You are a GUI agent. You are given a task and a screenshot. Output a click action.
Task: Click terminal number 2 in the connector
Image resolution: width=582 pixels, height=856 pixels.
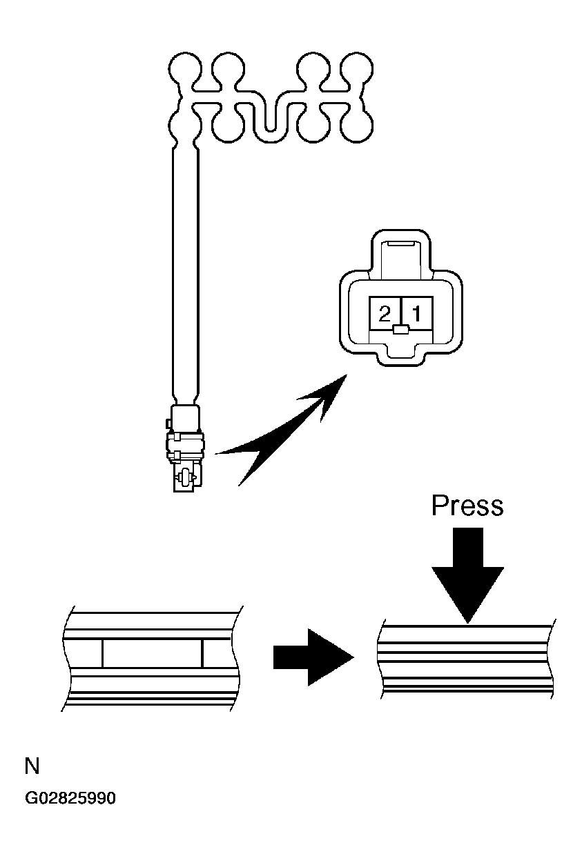point(385,314)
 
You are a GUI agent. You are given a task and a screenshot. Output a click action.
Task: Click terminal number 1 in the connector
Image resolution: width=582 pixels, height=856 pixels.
point(417,314)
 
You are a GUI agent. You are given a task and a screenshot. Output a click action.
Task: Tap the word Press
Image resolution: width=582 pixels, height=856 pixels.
point(467,506)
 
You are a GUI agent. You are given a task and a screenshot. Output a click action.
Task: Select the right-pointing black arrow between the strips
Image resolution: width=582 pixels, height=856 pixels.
point(313,657)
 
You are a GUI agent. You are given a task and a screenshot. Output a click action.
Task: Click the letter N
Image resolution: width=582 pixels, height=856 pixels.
point(32,766)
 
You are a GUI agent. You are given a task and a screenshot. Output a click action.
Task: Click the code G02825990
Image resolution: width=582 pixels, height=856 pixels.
point(70,799)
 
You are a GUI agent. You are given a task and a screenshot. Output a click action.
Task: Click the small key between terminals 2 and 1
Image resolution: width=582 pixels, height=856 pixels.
point(401,330)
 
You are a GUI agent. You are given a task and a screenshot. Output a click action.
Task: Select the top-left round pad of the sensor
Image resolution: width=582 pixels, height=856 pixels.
point(184,70)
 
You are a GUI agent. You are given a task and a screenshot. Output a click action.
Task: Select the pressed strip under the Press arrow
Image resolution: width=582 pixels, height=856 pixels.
point(466,659)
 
